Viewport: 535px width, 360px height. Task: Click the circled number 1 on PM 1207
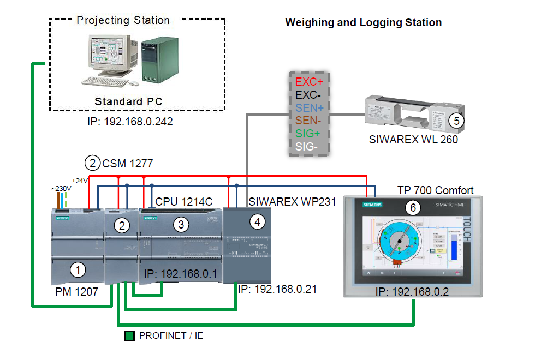(79, 269)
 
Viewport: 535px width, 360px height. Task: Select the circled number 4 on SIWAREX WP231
(258, 221)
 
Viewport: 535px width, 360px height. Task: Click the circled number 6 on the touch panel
(413, 208)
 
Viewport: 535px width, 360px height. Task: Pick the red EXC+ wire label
(309, 82)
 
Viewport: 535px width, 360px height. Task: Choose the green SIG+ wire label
(308, 134)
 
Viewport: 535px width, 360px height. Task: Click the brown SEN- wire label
(308, 121)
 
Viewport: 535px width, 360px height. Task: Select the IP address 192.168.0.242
(130, 122)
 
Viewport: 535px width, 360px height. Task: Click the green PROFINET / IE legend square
(129, 336)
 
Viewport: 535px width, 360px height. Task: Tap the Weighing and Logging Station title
(363, 23)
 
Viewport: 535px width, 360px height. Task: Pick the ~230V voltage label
(61, 188)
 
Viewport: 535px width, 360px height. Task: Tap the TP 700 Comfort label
(435, 190)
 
